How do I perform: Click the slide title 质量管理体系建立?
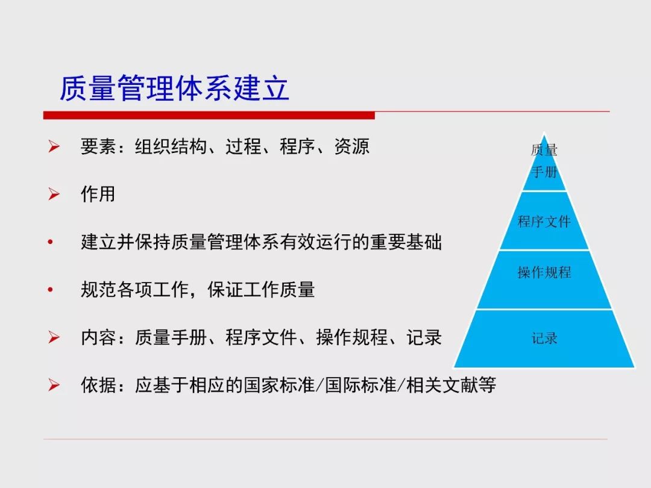(x=174, y=88)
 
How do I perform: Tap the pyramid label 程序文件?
(x=544, y=221)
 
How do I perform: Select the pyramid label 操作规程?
(x=544, y=272)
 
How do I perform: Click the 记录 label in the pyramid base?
(x=544, y=338)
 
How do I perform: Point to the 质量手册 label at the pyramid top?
(x=544, y=161)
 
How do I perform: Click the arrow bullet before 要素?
(x=54, y=146)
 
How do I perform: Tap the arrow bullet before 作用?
(x=54, y=194)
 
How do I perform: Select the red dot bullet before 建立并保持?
(x=50, y=242)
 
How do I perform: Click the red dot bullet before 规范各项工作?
(x=50, y=290)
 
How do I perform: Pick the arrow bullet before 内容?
(x=54, y=337)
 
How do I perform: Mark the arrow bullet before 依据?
(x=54, y=384)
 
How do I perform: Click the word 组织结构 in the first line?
(x=171, y=146)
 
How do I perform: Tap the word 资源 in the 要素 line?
(x=351, y=146)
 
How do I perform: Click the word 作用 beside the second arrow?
(x=98, y=194)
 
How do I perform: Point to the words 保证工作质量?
(x=261, y=290)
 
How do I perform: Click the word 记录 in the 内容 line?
(x=424, y=337)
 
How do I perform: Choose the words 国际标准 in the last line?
(x=360, y=385)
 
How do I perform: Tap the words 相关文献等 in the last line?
(x=451, y=385)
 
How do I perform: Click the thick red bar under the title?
(x=209, y=115)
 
